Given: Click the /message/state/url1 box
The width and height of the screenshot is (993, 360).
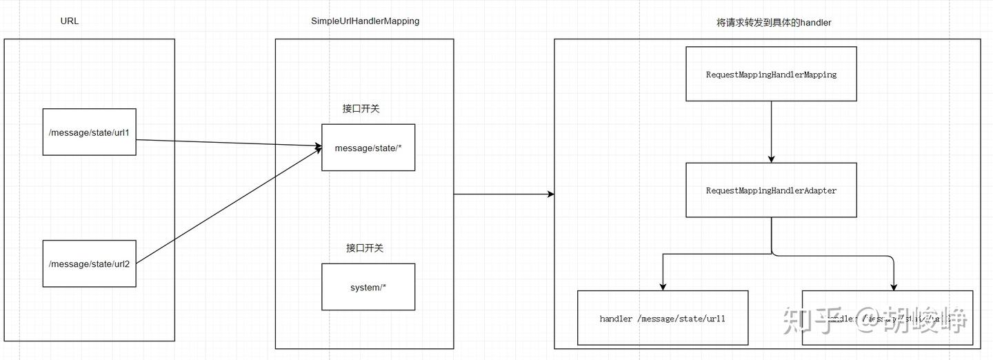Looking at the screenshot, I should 89,132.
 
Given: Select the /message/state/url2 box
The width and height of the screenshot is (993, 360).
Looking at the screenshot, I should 89,263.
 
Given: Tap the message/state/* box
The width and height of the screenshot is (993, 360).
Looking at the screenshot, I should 368,148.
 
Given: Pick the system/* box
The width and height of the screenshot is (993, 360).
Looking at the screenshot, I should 368,287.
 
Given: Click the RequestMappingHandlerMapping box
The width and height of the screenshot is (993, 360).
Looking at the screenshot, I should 771,74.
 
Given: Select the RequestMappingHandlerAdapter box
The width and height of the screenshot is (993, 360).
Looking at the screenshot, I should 771,190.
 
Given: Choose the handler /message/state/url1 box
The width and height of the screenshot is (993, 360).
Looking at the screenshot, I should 662,318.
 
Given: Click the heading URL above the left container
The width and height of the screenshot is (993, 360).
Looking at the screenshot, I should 70,21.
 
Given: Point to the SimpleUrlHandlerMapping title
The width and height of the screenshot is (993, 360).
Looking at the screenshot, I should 365,21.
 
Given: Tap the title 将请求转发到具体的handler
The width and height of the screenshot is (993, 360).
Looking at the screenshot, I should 774,23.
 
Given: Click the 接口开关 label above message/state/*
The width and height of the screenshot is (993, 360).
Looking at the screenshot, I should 361,109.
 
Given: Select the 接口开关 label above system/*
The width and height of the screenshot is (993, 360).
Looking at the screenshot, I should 364,248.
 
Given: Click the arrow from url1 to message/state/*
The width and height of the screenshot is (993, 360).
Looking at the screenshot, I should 228,143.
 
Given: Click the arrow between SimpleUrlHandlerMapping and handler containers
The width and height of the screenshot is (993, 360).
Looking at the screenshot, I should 503,194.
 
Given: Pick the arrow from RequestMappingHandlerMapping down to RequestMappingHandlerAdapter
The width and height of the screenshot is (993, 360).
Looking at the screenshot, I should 771,131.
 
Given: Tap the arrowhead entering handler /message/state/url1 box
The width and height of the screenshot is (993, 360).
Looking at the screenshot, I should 662,286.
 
